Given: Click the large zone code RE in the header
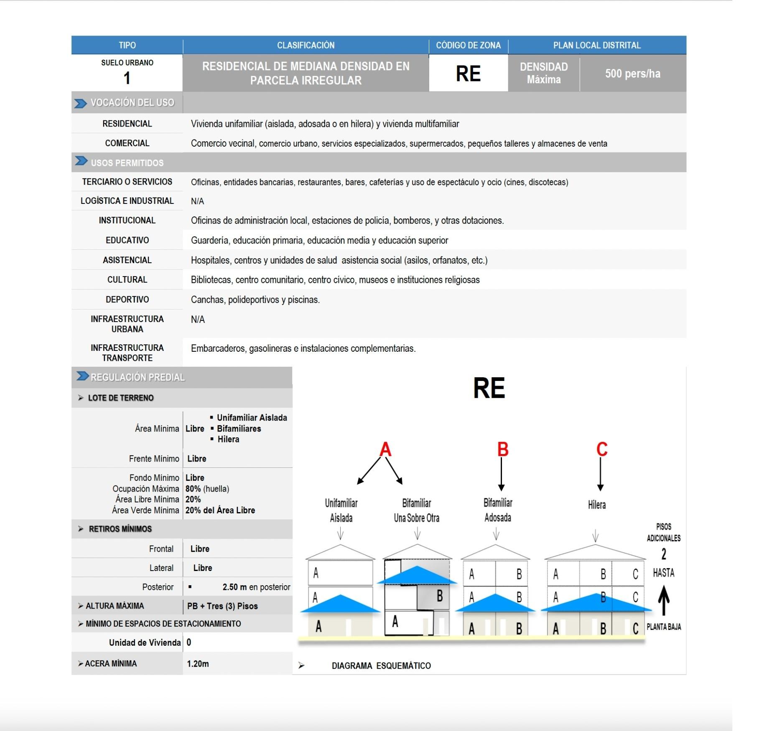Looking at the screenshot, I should pos(468,74).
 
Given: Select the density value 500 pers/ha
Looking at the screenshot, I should pos(632,74).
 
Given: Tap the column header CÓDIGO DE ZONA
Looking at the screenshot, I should pos(468,45).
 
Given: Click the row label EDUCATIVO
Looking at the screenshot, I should pos(127,240).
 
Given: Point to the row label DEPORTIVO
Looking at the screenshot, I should pos(127,300).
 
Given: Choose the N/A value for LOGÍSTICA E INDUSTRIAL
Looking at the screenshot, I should pos(197,201).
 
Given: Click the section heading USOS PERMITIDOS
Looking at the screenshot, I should pos(127,163).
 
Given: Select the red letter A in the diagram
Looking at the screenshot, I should pos(385,449).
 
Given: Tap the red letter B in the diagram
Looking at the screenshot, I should pos(503,449).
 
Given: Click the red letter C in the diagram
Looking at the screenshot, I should pos(601,449).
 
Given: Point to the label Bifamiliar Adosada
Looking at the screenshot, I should pos(497,510).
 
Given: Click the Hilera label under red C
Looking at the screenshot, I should pos(596,505).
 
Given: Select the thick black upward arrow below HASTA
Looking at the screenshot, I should pos(664,600).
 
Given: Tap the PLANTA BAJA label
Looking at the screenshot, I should pos(663,627).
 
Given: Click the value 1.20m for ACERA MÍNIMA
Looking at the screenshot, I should pos(198,664).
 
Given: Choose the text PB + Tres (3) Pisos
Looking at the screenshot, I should pos(222,606).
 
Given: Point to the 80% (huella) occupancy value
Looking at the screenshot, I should pos(207,489).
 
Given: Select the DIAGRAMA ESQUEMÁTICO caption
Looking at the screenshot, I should pos(381,666).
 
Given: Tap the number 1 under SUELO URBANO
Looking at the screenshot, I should pos(127,78).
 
